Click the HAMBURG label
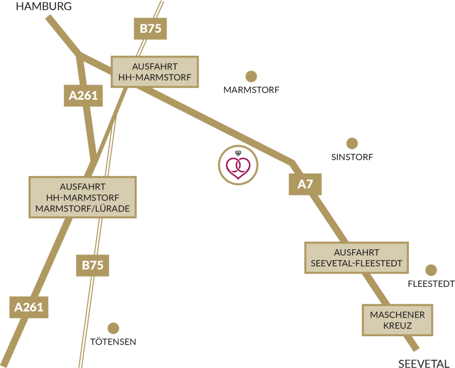coord(44,6)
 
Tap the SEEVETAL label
coord(424,363)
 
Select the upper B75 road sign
coord(150,29)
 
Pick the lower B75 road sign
coord(93,265)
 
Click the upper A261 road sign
coord(83,95)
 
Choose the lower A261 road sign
coord(29,307)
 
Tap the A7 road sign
coord(305,185)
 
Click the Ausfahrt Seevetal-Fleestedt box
coord(357,258)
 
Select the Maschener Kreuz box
coord(397,320)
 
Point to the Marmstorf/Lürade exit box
coord(82,197)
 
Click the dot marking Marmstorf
coord(251,77)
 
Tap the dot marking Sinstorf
coord(352,144)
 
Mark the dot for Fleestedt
coord(431,270)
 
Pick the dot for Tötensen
coord(113,328)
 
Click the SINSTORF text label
coord(352,157)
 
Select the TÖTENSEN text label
coord(113,342)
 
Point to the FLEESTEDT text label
coord(431,284)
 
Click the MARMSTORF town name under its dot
coord(251,90)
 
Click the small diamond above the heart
coord(238,153)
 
